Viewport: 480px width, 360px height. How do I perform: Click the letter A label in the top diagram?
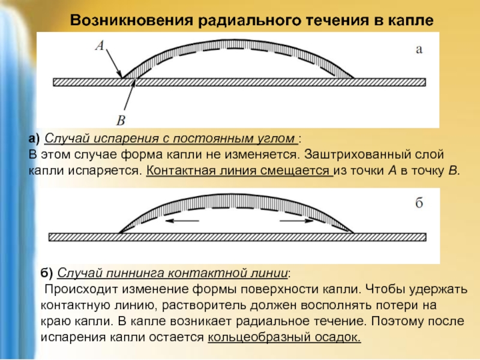[100, 46]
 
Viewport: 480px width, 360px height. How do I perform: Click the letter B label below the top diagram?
[121, 121]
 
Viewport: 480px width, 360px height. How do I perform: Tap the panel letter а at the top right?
[419, 50]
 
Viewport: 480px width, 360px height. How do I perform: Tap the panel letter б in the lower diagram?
[419, 202]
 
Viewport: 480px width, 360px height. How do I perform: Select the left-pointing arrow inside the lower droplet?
[182, 220]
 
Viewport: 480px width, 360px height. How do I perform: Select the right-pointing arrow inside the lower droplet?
[296, 221]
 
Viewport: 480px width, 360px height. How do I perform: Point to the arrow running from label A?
[114, 64]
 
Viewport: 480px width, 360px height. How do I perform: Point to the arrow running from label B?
[130, 94]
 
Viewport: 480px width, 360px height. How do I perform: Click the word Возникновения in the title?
[131, 20]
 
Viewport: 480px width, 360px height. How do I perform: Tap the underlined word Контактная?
[181, 170]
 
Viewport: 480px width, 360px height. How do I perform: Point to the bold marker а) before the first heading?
[34, 139]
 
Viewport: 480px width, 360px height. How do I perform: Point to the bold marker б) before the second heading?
[47, 273]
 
